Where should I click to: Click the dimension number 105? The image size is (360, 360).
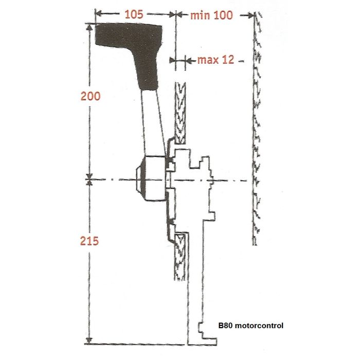134,14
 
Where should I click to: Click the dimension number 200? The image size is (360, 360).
91,96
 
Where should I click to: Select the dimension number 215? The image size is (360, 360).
91,241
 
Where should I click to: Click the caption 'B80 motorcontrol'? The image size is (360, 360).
251,326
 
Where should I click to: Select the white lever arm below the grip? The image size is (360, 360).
154,123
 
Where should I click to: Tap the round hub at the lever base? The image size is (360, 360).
149,179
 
